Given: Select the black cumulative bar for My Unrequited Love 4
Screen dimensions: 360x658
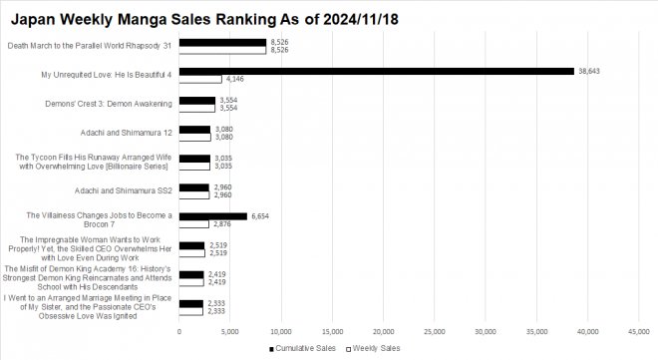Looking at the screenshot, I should coord(377,71).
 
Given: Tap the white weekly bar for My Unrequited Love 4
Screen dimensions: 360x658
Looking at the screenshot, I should coord(200,79).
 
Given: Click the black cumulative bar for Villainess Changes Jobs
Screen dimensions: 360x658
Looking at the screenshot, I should coord(213,215).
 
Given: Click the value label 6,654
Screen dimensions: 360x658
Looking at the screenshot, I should coord(261,215).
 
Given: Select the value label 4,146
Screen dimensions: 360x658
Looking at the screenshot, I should coord(235,79).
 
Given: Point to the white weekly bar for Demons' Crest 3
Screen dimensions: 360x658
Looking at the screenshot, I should coord(197,108).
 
